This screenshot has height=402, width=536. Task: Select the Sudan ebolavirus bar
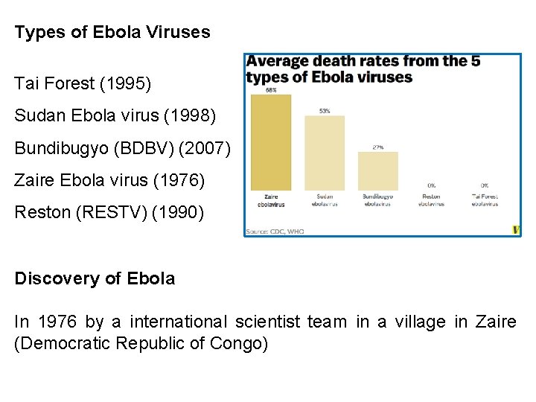tap(325, 153)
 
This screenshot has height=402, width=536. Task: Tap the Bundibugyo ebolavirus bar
tap(378, 170)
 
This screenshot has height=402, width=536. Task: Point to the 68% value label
tap(271, 90)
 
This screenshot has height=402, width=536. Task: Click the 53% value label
tap(325, 111)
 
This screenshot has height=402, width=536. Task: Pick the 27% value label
tap(378, 147)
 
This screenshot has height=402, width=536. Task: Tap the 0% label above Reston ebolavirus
tap(432, 185)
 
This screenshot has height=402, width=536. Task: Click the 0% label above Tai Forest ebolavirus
tap(485, 185)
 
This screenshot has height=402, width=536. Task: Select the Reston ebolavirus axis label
tap(432, 200)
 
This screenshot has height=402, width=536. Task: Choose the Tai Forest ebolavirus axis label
tap(485, 200)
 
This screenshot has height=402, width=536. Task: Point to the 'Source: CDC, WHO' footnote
tap(275, 232)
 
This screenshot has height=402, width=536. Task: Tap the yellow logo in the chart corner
tap(517, 230)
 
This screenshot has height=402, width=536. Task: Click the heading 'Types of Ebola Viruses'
tap(112, 33)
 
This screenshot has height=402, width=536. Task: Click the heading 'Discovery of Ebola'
tap(95, 278)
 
